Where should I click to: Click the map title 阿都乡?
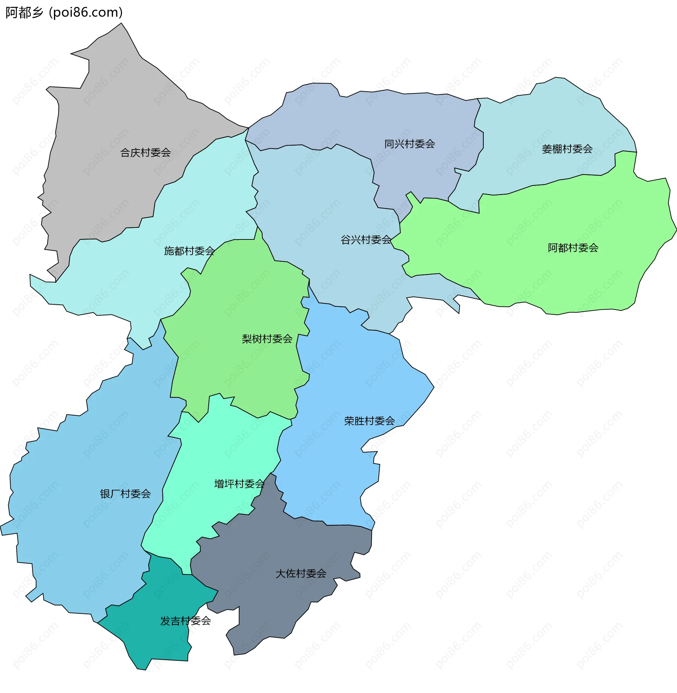24,12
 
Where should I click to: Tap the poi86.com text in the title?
86,12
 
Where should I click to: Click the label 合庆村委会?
145,153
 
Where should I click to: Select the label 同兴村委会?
410,144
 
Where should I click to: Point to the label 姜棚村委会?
567,149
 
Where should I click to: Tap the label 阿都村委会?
573,248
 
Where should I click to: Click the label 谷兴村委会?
366,240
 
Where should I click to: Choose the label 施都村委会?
189,251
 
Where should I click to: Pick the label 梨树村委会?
267,339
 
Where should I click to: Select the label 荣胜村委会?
370,421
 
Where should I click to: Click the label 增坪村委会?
239,484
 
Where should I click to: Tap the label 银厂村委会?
126,494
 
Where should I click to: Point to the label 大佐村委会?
301,573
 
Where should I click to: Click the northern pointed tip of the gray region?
122,24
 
